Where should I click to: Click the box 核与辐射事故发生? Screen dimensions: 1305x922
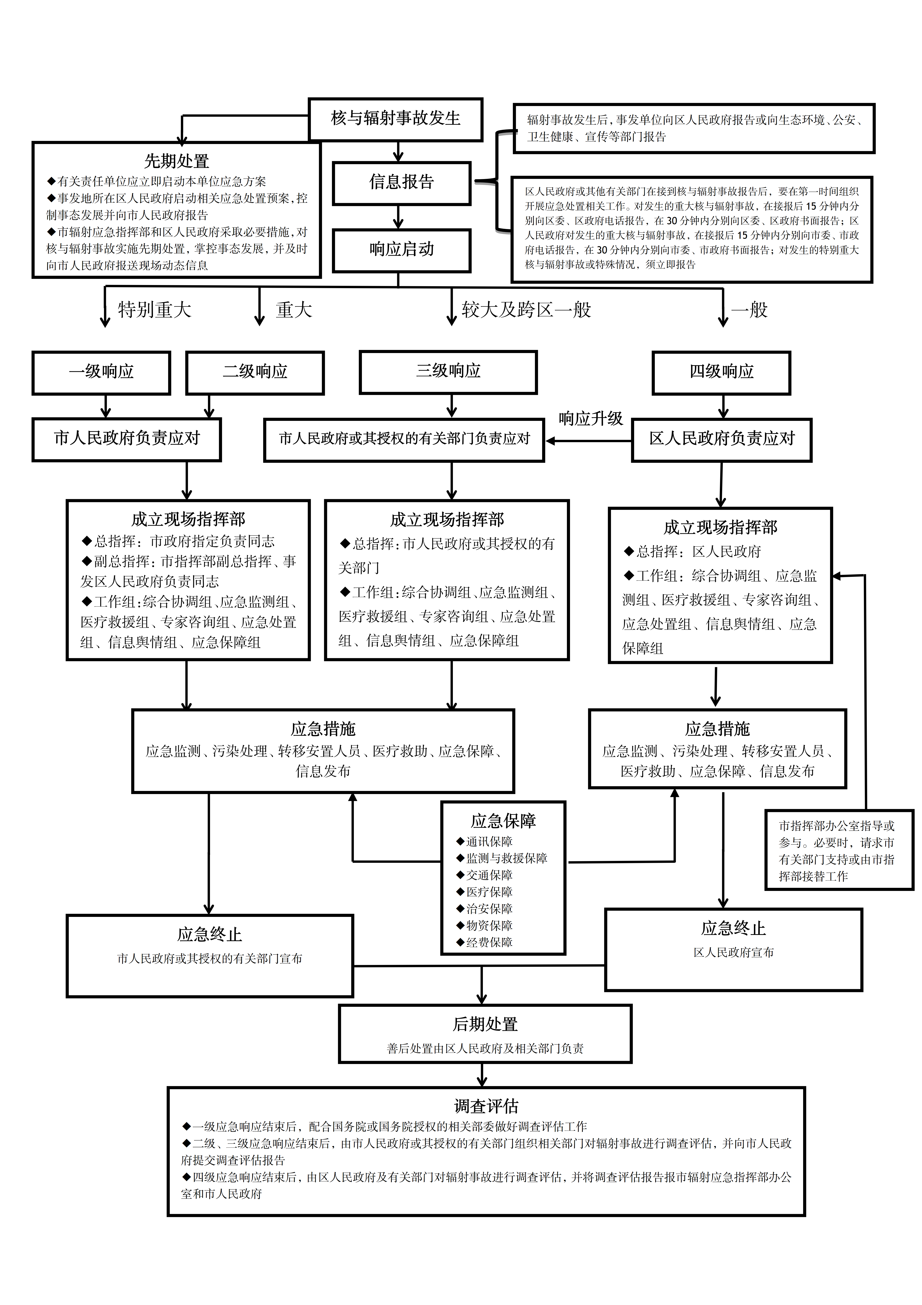(x=395, y=119)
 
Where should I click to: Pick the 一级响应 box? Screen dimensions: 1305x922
(x=101, y=372)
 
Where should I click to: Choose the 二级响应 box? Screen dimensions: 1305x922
(x=255, y=372)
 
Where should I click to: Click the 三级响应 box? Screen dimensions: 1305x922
(x=448, y=372)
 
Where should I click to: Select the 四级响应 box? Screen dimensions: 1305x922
(x=721, y=372)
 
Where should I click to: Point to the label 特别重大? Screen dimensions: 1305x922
(x=155, y=310)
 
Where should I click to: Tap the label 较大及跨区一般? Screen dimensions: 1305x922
(x=526, y=310)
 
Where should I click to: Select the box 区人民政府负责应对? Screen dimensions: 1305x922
(x=721, y=439)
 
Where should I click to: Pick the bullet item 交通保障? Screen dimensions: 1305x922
(x=489, y=875)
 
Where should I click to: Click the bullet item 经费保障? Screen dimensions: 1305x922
(x=489, y=942)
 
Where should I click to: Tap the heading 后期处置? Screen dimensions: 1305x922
(x=485, y=1024)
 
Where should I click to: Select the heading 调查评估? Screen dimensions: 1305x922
(x=486, y=1106)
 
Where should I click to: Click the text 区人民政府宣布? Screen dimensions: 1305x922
(x=733, y=953)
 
